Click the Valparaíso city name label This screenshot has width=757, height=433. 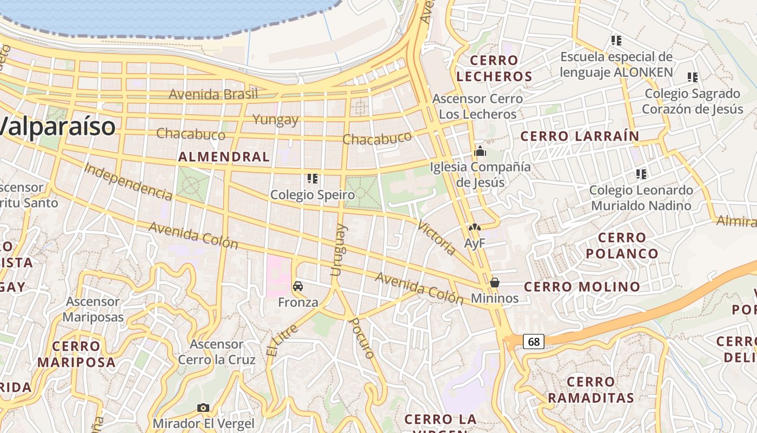point(57,127)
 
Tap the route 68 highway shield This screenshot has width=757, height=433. point(534,342)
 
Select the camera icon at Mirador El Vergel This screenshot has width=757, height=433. point(203,408)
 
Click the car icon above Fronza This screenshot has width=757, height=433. point(297,286)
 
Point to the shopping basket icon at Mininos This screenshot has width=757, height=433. point(494,283)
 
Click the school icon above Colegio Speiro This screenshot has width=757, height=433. point(312,178)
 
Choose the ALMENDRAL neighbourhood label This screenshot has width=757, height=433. point(224,157)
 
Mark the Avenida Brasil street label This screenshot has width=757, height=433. point(213,94)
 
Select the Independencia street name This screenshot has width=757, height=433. point(128,181)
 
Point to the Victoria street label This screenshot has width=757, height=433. point(436,238)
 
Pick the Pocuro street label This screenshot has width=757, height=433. point(362,338)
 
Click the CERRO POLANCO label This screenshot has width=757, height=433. point(622,245)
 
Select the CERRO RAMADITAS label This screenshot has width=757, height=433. point(590,390)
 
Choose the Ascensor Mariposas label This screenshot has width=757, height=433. point(93,309)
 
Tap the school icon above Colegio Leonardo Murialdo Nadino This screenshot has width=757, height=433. point(641,174)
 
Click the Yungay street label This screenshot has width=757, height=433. point(276,120)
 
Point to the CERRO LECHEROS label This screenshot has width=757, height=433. point(494,68)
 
